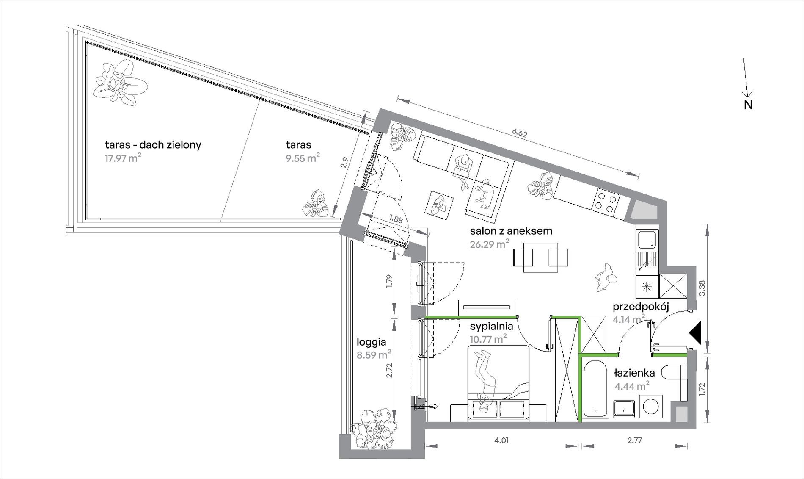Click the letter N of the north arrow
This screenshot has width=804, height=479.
[748, 105]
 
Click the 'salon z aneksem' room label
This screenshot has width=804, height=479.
[511, 231]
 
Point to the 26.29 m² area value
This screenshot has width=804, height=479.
[489, 244]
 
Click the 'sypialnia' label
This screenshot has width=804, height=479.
[491, 326]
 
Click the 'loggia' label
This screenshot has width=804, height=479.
[371, 342]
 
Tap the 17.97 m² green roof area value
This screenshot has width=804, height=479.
[123, 159]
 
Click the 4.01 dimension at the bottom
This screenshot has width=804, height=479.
[501, 440]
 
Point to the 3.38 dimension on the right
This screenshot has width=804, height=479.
[703, 288]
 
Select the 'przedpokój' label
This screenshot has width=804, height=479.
[641, 307]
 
